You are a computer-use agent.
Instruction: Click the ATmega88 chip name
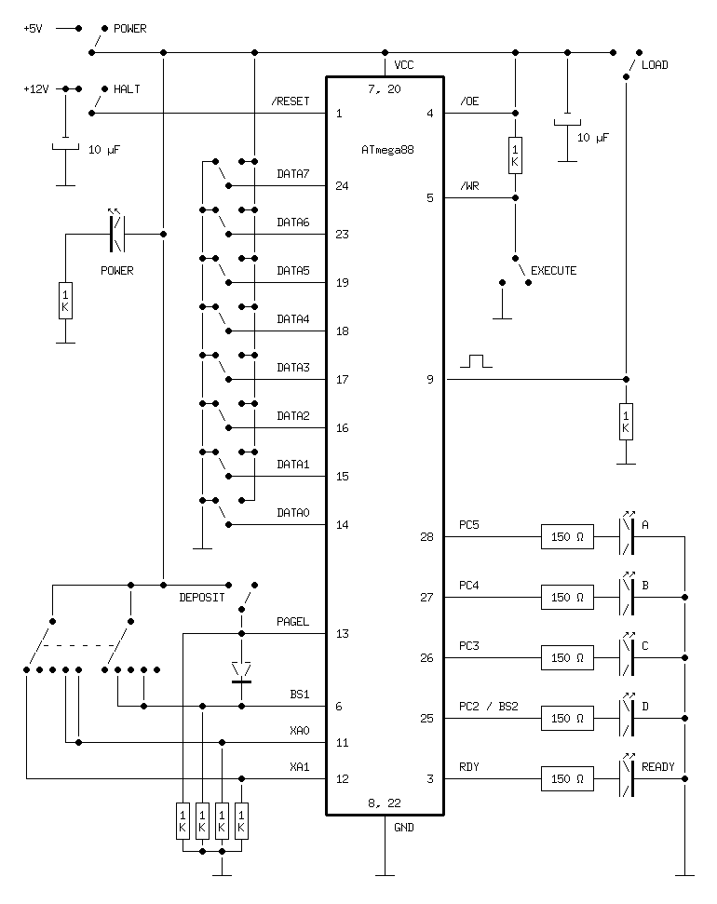pos(386,150)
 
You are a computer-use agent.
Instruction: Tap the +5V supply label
pos(34,29)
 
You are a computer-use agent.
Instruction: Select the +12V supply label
pos(36,89)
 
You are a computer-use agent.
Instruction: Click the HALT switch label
pos(126,89)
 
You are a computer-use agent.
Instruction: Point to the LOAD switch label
pos(655,65)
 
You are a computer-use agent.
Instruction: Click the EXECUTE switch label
pos(553,271)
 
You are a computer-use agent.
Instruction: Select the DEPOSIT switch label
pos(201,598)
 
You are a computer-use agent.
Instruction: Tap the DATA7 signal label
pos(292,174)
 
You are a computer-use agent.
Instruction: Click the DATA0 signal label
pos(292,513)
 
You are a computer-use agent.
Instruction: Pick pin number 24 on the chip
pos(341,186)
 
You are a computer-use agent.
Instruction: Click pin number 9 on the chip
pos(430,380)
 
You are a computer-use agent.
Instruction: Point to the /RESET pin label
pos(291,101)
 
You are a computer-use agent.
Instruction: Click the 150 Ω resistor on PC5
pos(567,537)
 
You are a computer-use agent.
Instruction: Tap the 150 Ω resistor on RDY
pos(567,779)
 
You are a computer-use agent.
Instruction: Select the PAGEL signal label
pos(292,622)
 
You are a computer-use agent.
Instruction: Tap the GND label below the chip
pos(404,827)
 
